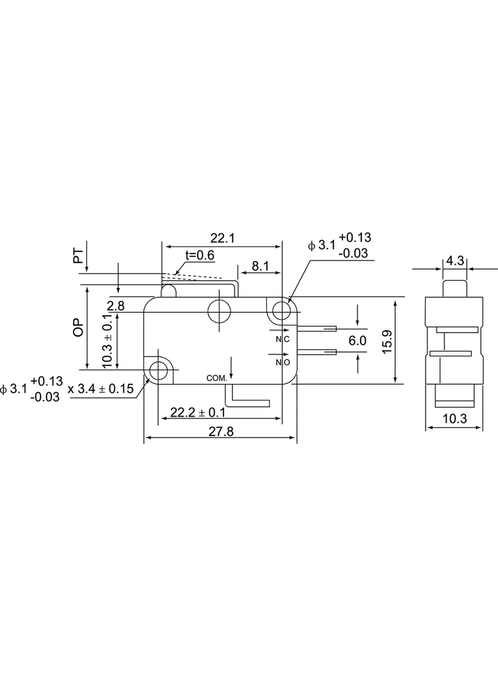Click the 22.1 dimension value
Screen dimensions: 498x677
point(222,238)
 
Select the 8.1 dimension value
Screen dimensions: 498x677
point(260,266)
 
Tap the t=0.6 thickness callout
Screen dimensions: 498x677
point(199,255)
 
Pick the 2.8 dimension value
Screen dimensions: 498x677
point(116,306)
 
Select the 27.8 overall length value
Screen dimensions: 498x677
point(221,431)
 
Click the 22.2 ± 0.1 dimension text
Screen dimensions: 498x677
point(198,412)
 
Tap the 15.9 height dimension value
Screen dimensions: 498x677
point(387,342)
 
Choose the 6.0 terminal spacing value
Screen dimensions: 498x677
point(357,341)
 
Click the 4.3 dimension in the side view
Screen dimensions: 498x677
point(455,261)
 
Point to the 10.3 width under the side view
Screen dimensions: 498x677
point(455,419)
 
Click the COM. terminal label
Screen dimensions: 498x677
point(217,379)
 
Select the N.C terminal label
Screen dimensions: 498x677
point(283,339)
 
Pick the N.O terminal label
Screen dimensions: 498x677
point(283,362)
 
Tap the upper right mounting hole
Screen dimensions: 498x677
point(282,309)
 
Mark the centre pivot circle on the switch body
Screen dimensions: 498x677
point(219,311)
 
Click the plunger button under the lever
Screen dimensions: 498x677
point(168,291)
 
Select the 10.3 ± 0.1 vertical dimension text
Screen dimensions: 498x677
point(108,341)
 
